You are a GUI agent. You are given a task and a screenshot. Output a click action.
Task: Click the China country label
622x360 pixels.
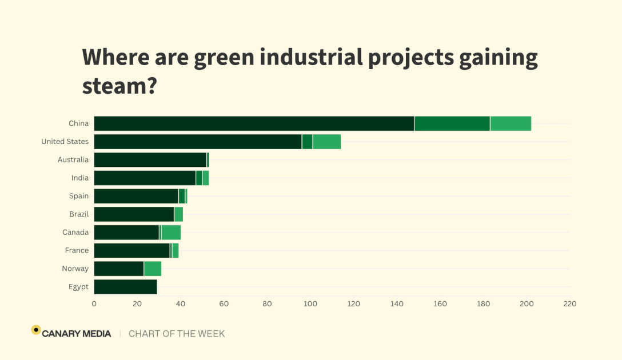(78, 123)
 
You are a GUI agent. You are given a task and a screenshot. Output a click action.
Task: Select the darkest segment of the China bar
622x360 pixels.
(254, 123)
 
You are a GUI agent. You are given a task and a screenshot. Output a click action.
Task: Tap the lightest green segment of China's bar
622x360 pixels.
(511, 123)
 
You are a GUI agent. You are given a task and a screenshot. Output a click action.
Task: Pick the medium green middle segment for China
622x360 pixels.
(452, 123)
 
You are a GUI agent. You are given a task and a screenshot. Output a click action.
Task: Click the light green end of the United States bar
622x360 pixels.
(326, 142)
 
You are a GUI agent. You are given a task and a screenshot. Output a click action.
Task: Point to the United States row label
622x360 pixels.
(65, 142)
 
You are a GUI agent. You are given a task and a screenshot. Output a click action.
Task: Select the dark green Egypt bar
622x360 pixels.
(125, 287)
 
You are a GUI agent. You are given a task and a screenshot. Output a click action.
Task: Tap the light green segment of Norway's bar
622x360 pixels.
(153, 269)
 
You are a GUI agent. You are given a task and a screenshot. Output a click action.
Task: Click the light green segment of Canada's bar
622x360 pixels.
(171, 233)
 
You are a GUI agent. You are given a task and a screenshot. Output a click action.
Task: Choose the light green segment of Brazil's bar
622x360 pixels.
(178, 214)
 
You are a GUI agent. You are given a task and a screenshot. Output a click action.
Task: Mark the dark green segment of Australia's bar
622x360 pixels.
(150, 160)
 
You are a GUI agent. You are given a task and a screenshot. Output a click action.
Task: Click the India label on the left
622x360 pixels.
(80, 178)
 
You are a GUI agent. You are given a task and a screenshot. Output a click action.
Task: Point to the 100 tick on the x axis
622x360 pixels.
(310, 303)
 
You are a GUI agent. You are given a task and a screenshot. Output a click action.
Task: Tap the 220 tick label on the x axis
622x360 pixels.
(569, 303)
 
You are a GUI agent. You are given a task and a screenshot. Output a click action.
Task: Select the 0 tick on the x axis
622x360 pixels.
(94, 303)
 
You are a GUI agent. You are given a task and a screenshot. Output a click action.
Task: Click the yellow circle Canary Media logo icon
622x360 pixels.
(36, 330)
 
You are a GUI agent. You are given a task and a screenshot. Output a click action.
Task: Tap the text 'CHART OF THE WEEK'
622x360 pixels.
(177, 334)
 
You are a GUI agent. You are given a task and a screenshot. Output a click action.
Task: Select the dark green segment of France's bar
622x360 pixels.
(131, 250)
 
